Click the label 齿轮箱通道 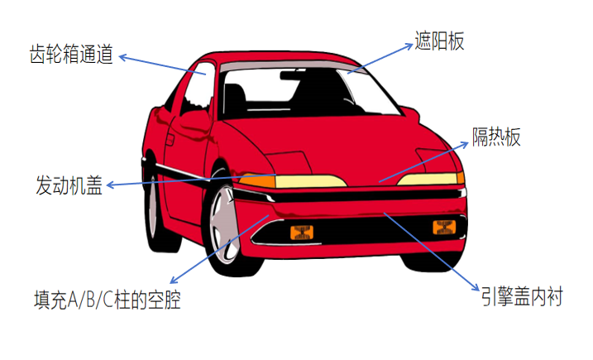pyautogui.click(x=71, y=55)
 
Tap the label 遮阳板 pyautogui.click(x=439, y=42)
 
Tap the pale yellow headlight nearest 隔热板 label pyautogui.click(x=433, y=178)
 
